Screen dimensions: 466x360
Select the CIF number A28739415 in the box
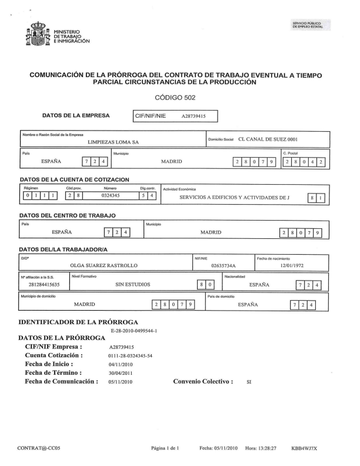click(x=193, y=116)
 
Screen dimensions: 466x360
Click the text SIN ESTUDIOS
click(x=134, y=285)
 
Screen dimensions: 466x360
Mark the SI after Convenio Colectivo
click(x=249, y=381)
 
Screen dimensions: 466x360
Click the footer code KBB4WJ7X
click(x=304, y=448)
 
